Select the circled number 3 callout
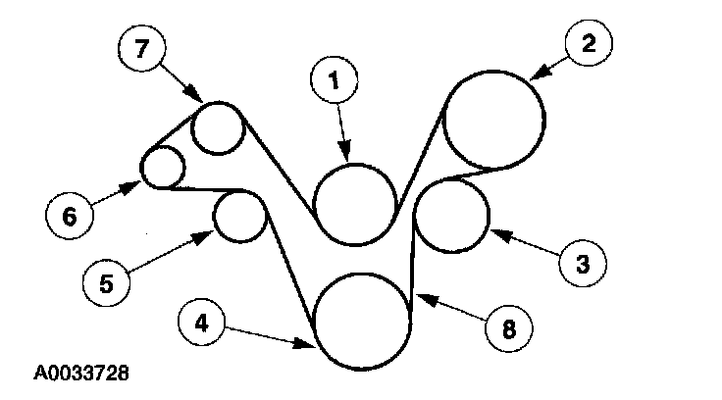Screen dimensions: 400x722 click(x=582, y=264)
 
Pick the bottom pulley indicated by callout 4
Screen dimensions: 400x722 click(x=361, y=321)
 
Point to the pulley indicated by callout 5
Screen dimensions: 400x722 click(x=239, y=218)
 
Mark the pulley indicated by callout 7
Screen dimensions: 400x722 click(x=217, y=128)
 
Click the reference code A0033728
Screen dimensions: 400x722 click(x=81, y=374)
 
